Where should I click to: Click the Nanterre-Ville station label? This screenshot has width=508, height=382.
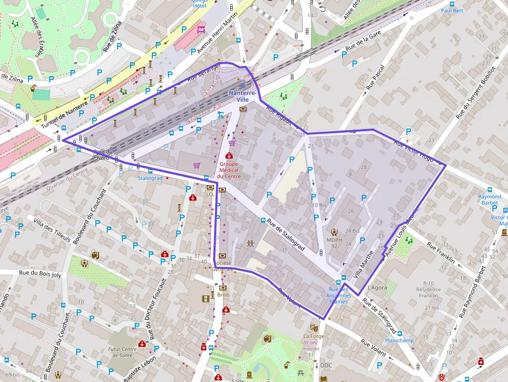[243, 96]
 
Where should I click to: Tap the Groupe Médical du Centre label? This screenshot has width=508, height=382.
[229, 169]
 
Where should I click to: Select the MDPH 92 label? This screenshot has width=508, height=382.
[334, 243]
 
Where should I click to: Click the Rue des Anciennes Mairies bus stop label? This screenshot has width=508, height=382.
[338, 295]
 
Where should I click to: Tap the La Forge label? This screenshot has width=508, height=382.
[313, 336]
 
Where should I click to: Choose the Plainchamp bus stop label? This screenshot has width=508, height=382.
[399, 341]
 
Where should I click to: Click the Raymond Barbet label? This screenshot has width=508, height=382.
[490, 200]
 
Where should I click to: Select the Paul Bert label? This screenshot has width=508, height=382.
[452, 10]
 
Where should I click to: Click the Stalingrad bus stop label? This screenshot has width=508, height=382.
[150, 178]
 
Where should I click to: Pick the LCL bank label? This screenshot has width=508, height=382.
[210, 194]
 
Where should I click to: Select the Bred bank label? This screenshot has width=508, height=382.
[223, 295]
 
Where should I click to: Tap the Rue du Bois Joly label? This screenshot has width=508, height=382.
[40, 274]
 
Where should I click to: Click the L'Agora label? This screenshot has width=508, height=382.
[377, 287]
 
